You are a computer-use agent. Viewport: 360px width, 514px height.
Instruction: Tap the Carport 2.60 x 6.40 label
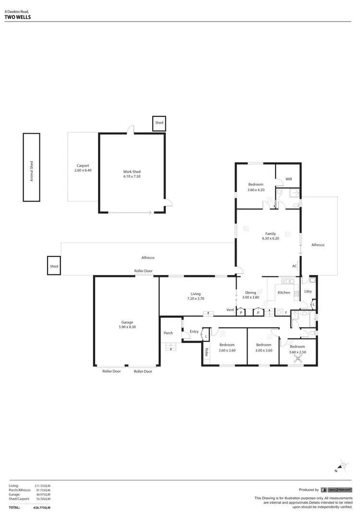click(83, 168)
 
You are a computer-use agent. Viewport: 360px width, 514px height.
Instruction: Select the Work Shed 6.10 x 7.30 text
click(132, 174)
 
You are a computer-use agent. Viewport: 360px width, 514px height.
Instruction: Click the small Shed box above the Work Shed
click(159, 123)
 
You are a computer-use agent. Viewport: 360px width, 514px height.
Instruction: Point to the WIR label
click(288, 179)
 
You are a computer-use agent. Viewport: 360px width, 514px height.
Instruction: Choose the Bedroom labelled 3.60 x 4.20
click(255, 187)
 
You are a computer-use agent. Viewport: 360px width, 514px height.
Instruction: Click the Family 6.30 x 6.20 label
click(270, 236)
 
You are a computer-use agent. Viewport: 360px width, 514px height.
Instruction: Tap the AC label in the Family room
click(295, 266)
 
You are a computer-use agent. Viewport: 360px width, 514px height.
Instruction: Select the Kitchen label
click(284, 292)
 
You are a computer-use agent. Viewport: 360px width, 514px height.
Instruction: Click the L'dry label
click(308, 291)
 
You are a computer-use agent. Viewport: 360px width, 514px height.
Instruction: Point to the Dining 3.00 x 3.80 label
click(251, 295)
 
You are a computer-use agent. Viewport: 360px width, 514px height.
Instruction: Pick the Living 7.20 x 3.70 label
click(195, 296)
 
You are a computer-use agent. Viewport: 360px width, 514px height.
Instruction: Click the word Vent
click(230, 310)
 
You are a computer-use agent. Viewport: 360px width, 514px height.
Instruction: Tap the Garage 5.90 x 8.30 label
click(127, 325)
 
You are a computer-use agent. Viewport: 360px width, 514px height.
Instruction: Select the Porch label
click(168, 333)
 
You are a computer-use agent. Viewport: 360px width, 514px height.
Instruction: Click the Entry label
click(194, 332)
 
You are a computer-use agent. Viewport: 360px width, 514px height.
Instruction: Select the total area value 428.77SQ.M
click(42, 507)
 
